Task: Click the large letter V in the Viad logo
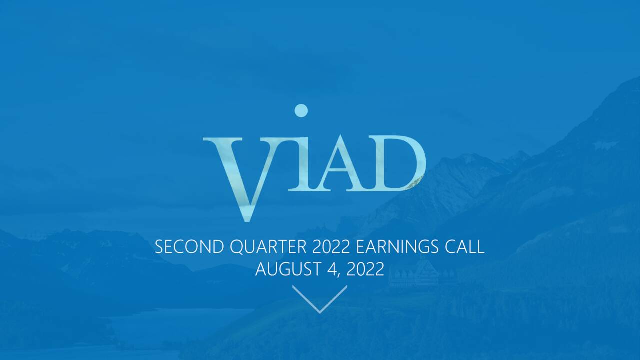pyautogui.click(x=240, y=170)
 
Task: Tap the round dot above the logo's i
pyautogui.click(x=301, y=110)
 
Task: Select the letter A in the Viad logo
pyautogui.click(x=340, y=165)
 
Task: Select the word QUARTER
pyautogui.click(x=269, y=247)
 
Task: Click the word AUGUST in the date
pyautogui.click(x=287, y=269)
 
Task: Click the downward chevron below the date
pyautogui.click(x=320, y=298)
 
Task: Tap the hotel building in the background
pyautogui.click(x=414, y=274)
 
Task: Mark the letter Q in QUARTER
pyautogui.click(x=237, y=247)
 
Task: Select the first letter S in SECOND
pyautogui.click(x=159, y=247)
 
